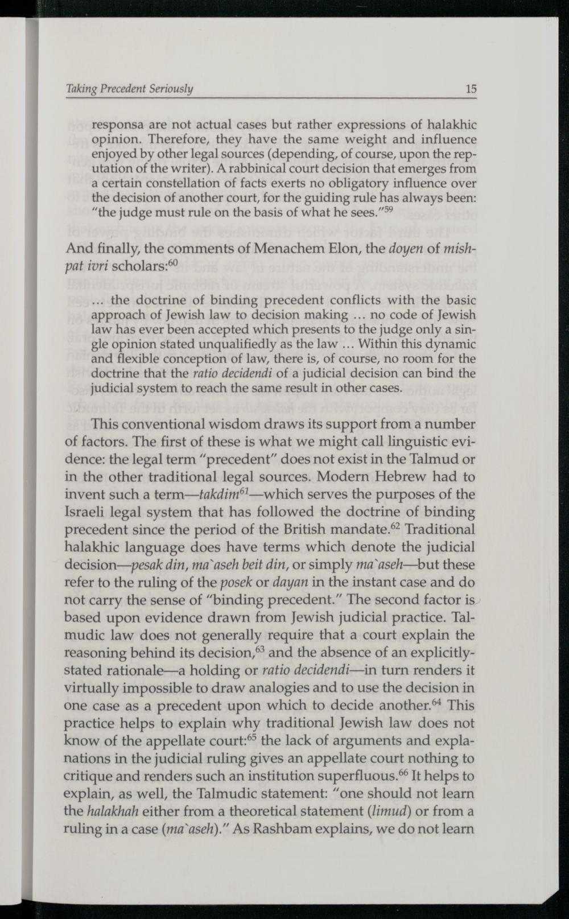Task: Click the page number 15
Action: [471, 89]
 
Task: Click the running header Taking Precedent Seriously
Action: [130, 89]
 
